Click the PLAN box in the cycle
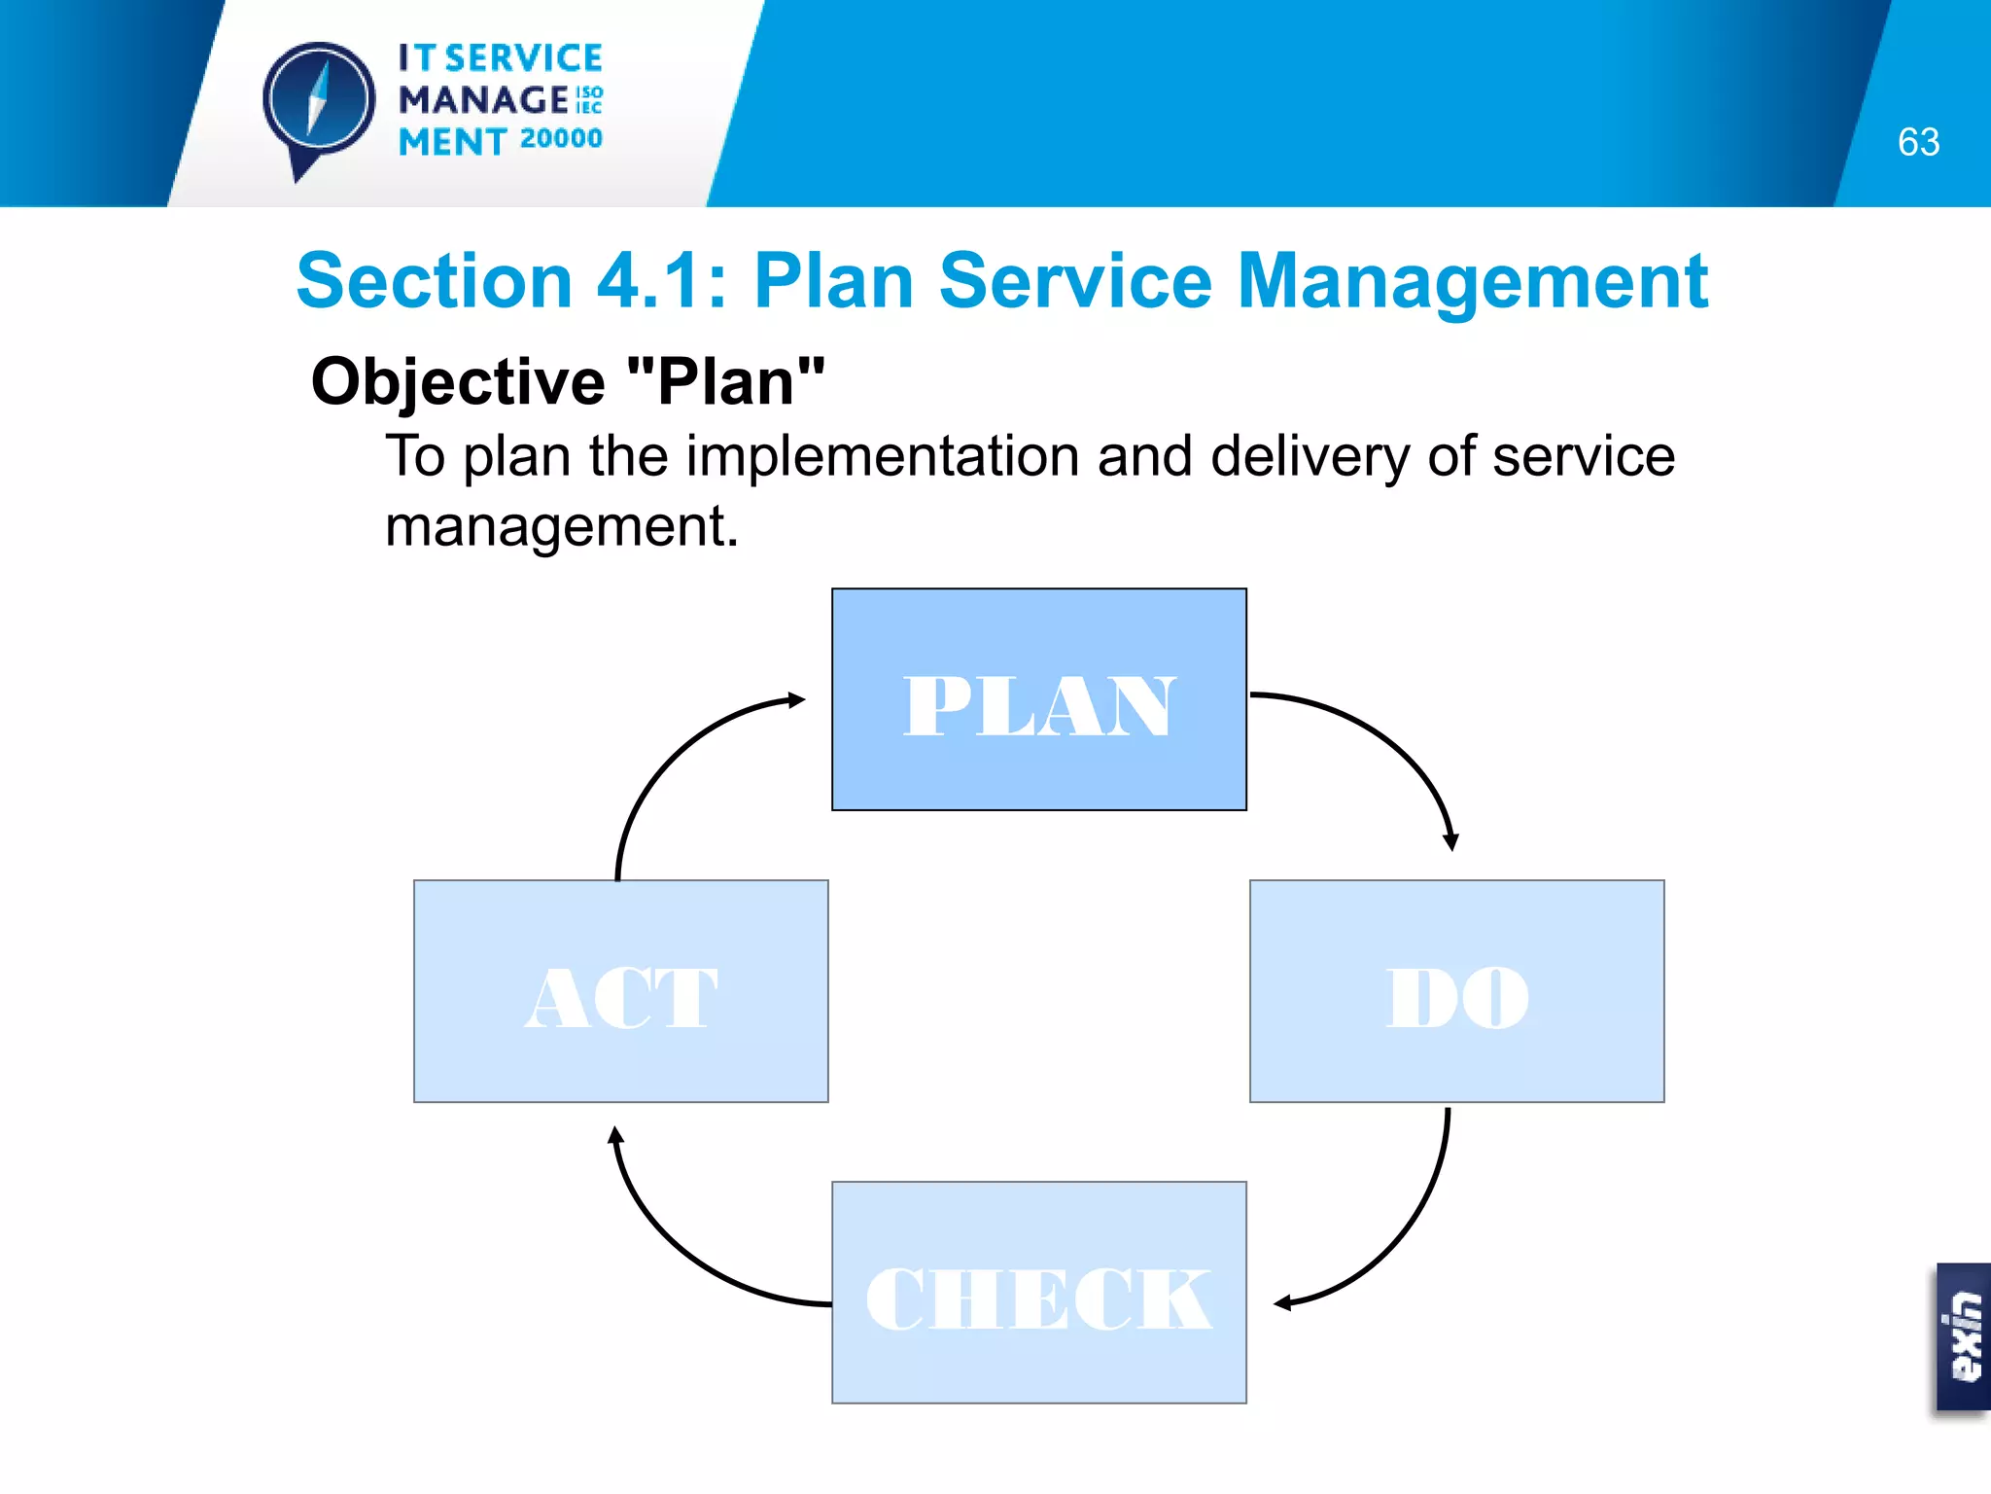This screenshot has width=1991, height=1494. (1038, 699)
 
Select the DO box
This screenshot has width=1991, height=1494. (1456, 991)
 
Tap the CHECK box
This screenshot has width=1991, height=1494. (1038, 1293)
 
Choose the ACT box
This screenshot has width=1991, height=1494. (620, 991)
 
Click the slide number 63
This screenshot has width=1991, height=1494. (1918, 143)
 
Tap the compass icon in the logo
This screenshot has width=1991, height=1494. (318, 101)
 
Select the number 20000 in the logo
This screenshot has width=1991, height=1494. (561, 139)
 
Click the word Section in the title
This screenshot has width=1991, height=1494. (435, 281)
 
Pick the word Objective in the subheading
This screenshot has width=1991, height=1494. (458, 382)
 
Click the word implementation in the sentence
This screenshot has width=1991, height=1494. (883, 456)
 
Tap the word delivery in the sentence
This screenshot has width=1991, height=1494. (1310, 456)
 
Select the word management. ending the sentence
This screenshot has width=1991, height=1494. (562, 526)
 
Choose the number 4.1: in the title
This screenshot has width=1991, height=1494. (662, 281)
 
